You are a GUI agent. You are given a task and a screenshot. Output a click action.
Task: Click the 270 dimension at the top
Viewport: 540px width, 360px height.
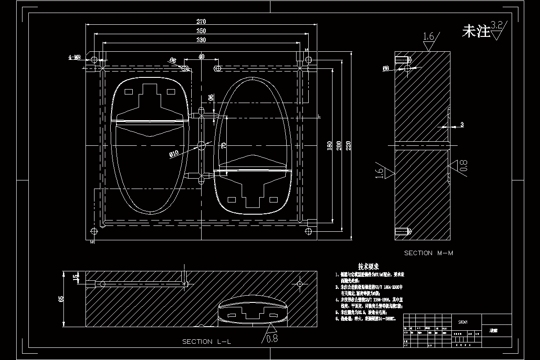pos(201,22)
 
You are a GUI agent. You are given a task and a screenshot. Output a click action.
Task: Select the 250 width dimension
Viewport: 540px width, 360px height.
pos(201,31)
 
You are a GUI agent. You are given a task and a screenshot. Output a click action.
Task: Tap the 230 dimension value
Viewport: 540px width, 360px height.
pos(201,40)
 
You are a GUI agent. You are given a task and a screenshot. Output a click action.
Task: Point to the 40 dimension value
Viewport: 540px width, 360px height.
pos(201,56)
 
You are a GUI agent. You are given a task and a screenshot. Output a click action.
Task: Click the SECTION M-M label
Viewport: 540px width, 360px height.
pos(428,253)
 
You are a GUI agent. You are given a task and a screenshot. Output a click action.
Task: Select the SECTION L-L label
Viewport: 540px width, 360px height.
pos(207,342)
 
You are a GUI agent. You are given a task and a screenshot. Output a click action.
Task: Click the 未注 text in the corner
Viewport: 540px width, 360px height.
pos(476,31)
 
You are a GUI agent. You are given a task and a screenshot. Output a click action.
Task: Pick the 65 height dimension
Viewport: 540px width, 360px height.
pos(62,299)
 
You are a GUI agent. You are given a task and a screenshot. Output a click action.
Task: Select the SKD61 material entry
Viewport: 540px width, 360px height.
pos(463,322)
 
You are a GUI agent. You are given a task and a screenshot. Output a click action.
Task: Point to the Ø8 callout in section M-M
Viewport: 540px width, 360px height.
pos(386,68)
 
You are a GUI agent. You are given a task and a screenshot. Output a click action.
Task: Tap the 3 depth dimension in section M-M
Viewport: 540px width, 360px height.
pos(462,124)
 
